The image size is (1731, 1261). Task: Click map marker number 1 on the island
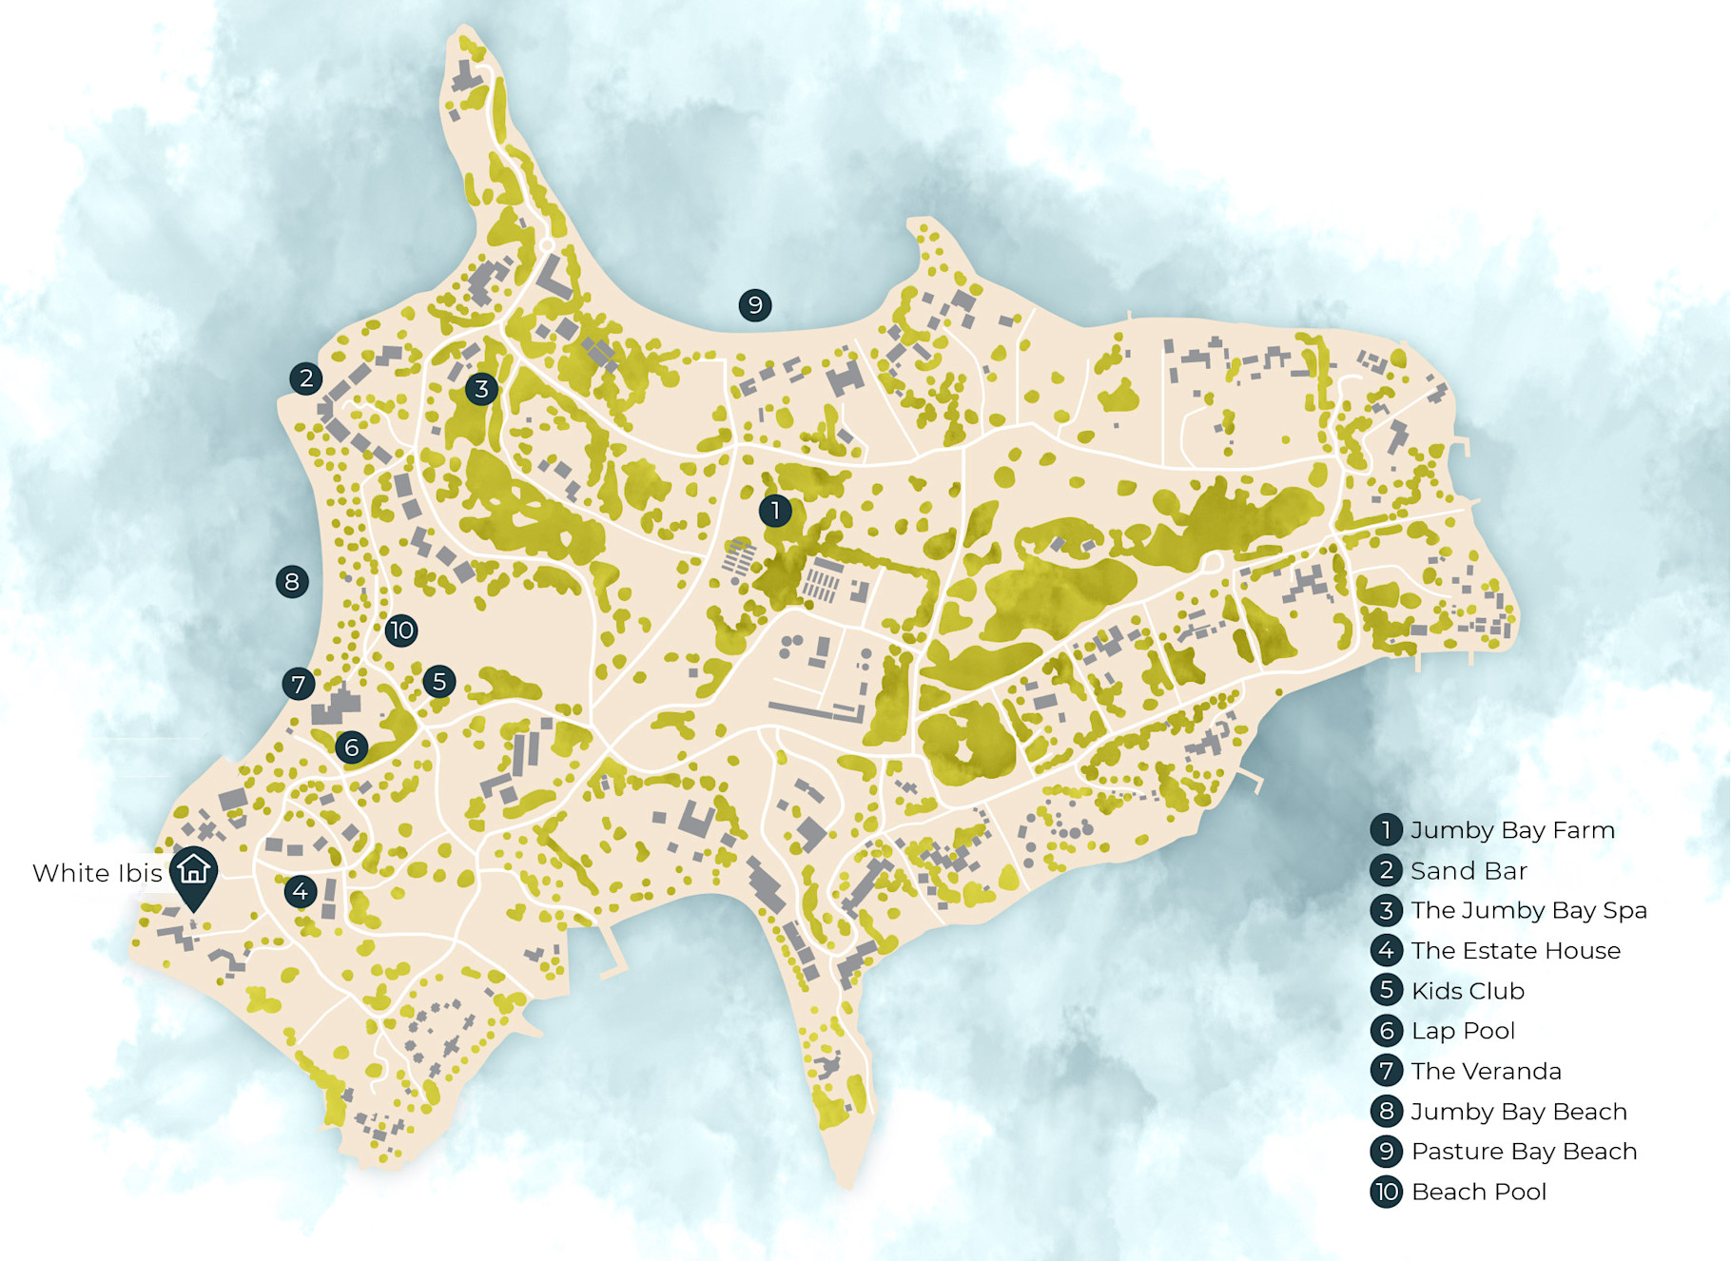coord(775,511)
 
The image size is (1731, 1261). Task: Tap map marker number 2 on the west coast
coord(306,378)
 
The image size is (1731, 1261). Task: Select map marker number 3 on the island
coord(481,389)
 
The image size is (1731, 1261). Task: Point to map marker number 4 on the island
coord(301,891)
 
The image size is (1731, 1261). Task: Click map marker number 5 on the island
coord(438,681)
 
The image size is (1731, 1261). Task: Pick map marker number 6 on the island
coord(352,747)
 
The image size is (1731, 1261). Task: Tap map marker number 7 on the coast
coord(299,684)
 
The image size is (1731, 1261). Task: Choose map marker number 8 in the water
coord(292,581)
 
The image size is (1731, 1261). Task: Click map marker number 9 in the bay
coord(755,305)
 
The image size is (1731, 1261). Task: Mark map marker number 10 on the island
coord(401,630)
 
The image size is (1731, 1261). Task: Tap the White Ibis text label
coord(97,873)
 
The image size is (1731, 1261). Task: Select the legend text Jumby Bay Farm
coord(1512,830)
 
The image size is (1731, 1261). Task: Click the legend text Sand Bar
coord(1468,870)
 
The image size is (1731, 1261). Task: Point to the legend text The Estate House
coord(1515,950)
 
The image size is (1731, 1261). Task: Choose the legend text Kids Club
coord(1468,991)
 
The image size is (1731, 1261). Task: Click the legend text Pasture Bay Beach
coord(1524,1151)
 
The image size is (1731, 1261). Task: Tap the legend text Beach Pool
coord(1479,1192)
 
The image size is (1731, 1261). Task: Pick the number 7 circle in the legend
coord(1387,1071)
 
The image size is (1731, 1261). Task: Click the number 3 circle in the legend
coord(1387,910)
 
